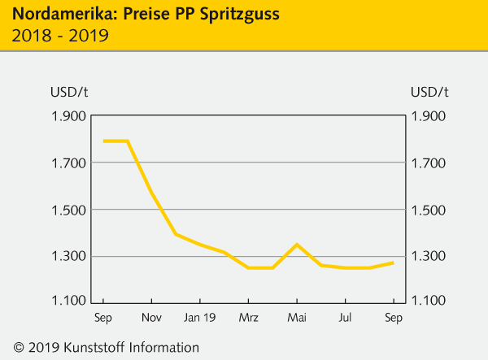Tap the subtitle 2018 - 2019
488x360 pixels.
[60, 37]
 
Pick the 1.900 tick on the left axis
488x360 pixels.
[68, 116]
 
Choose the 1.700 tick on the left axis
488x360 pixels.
[68, 163]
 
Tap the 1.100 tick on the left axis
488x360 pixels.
[68, 301]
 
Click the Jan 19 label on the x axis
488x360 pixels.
[199, 317]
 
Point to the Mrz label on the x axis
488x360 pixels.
[248, 317]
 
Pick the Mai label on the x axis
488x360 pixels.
[296, 317]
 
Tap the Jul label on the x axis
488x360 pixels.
[345, 317]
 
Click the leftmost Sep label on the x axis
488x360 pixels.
[103, 317]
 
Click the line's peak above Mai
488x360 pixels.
[297, 245]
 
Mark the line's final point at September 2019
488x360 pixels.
[394, 262]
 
